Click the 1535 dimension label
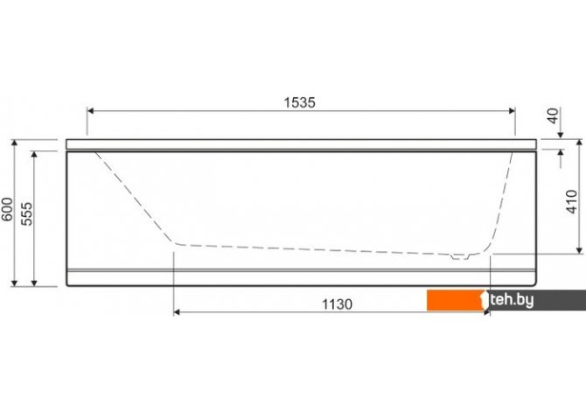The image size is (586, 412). click(300, 102)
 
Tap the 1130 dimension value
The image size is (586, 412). click(337, 304)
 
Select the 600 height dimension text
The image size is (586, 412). click(8, 209)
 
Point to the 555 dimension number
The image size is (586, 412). click(26, 213)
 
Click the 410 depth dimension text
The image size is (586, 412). click(571, 202)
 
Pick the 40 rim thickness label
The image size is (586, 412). click(553, 115)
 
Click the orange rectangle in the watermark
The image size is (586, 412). click(455, 300)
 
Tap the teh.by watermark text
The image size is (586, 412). click(512, 300)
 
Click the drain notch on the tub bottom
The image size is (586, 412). click(459, 257)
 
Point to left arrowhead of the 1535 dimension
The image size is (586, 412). click(90, 111)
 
